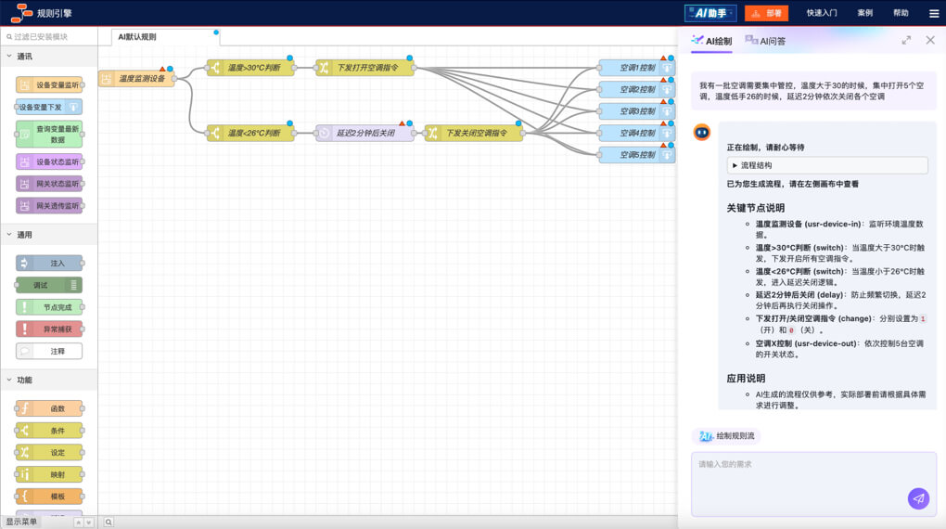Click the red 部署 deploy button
click(766, 13)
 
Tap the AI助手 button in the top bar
click(710, 13)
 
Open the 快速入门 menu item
click(822, 13)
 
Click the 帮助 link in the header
click(901, 13)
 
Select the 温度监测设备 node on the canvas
click(137, 79)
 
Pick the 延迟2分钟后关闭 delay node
click(365, 133)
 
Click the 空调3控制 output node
click(635, 111)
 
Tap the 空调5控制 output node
click(635, 155)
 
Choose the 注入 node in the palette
click(50, 264)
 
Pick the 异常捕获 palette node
click(50, 329)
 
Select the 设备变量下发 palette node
click(48, 107)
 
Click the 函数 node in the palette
click(50, 408)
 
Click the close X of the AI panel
click(930, 40)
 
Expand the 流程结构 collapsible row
click(826, 165)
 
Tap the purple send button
click(918, 498)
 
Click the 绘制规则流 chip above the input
click(726, 436)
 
